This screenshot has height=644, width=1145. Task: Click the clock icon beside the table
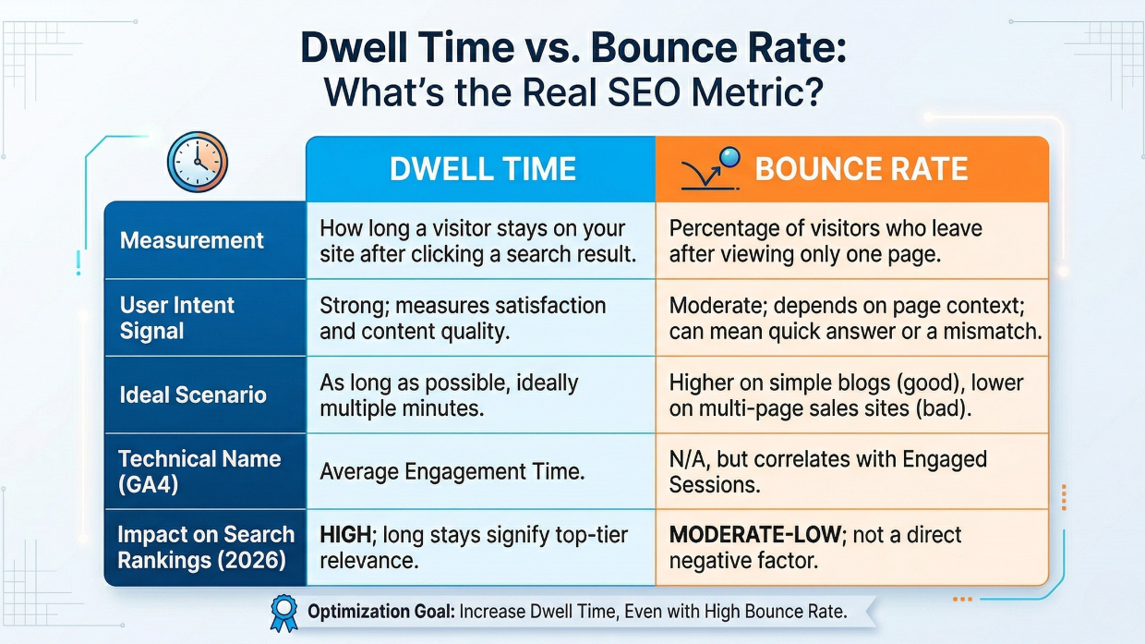(x=197, y=163)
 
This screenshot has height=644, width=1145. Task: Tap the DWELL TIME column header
(x=482, y=169)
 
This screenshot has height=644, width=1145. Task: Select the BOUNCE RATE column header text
(x=861, y=169)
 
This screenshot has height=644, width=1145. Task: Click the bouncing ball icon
(x=712, y=167)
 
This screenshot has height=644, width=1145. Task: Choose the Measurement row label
(x=192, y=240)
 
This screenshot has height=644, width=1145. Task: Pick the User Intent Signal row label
(x=177, y=318)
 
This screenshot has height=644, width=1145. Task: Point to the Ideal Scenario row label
(x=193, y=395)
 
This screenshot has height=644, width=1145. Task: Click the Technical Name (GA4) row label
(x=199, y=471)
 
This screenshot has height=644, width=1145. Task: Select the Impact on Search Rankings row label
(x=205, y=547)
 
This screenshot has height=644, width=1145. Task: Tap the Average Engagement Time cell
(x=452, y=472)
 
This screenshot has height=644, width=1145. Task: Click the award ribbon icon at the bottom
(x=283, y=611)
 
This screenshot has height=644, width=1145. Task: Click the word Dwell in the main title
(x=358, y=48)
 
